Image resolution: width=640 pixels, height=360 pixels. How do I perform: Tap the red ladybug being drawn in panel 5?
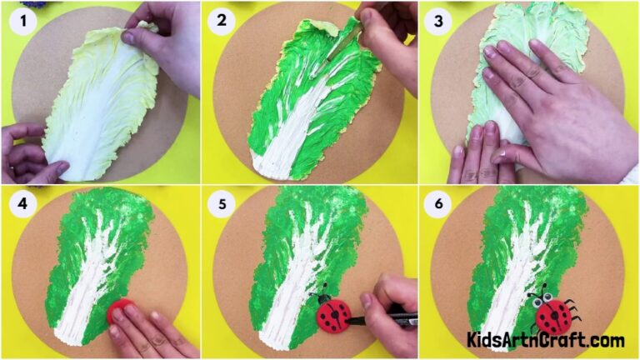pyautogui.click(x=332, y=315)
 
